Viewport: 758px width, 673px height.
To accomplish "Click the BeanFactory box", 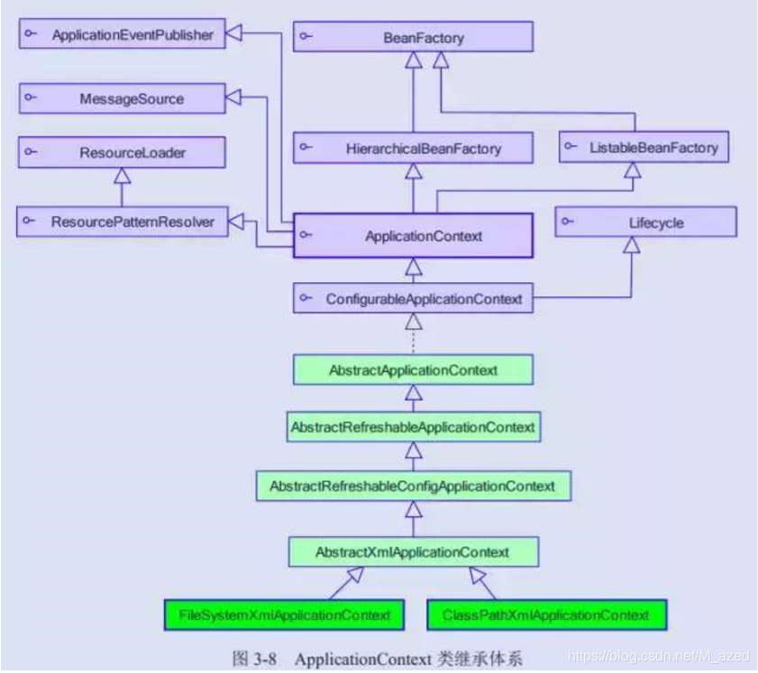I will point(413,37).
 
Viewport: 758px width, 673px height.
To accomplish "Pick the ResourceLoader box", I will point(119,152).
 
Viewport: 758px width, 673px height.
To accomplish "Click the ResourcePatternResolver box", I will point(119,221).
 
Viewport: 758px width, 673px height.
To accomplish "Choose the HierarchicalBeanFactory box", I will point(413,148).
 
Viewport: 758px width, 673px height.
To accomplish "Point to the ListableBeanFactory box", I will point(642,147).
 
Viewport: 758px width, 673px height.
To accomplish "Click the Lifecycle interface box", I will point(645,222).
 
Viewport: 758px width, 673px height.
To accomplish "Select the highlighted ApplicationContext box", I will point(413,237).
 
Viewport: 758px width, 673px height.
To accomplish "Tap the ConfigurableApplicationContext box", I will point(413,298).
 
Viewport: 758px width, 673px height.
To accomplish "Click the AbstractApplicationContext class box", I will point(413,370).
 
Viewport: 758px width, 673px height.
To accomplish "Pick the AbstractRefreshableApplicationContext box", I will point(413,427).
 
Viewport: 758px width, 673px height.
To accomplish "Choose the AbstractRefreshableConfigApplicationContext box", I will point(413,486).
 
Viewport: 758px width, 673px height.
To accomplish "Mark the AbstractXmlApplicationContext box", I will point(413,551).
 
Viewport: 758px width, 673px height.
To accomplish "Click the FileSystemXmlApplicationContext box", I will point(284,615).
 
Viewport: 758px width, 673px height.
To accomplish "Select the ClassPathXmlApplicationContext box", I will point(546,615).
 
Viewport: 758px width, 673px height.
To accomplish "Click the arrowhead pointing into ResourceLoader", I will point(120,176).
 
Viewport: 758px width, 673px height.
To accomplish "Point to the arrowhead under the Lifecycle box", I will point(632,245).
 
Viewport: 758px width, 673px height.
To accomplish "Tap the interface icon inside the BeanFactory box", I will point(306,37).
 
